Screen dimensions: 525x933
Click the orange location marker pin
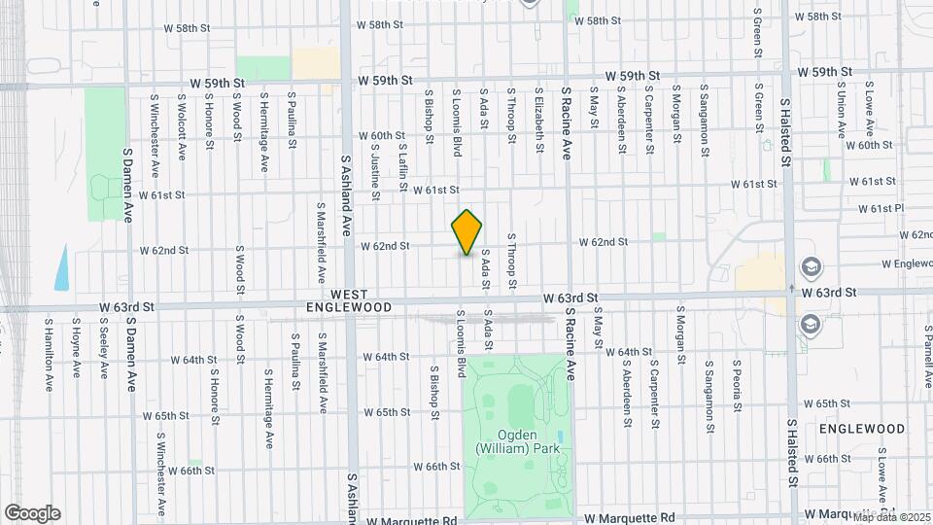(467, 232)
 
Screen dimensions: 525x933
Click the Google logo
(32, 512)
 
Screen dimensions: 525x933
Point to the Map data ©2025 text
(891, 517)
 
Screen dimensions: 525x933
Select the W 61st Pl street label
(881, 209)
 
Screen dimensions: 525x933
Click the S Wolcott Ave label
(182, 126)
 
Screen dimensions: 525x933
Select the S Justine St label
(374, 159)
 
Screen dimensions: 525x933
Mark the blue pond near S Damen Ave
(62, 267)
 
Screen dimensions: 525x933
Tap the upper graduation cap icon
(810, 266)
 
